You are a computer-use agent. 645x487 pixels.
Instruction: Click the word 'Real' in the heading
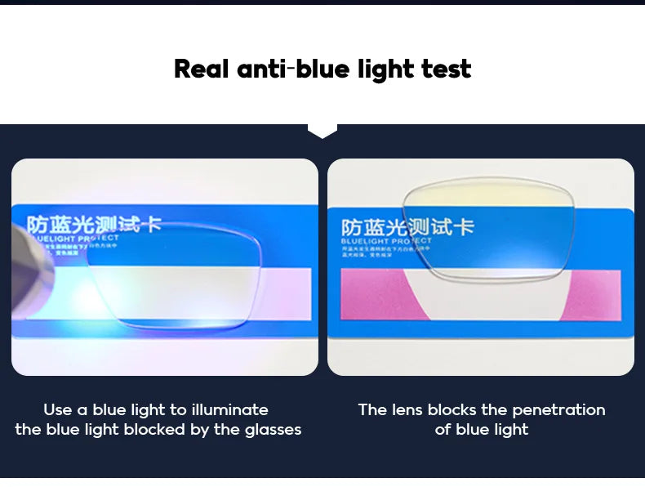click(202, 69)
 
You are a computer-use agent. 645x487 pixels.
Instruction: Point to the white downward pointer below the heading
click(322, 131)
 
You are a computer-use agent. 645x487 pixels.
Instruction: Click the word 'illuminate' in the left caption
click(229, 410)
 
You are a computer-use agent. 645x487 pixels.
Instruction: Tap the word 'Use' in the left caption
click(58, 410)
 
